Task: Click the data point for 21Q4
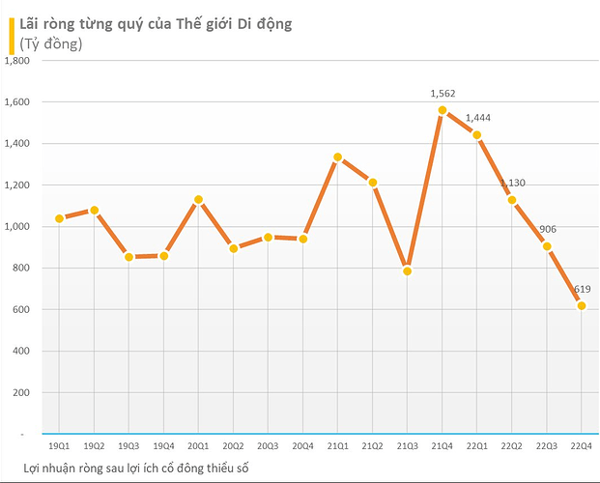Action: (443, 110)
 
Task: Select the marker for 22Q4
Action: (582, 305)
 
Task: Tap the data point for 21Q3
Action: (408, 271)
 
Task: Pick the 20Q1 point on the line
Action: (198, 200)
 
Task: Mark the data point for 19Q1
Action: (59, 218)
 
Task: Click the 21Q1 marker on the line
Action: (338, 157)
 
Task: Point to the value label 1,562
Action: (443, 94)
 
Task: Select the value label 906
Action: (547, 230)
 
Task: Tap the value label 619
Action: (582, 289)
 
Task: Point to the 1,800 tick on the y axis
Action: (19, 61)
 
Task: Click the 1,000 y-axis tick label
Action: (19, 227)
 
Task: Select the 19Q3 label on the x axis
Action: (129, 446)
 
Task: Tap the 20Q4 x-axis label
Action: (302, 446)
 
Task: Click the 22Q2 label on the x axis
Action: (512, 446)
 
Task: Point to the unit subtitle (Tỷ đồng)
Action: (51, 43)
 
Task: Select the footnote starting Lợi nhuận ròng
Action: (137, 468)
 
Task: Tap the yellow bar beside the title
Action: (11, 34)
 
